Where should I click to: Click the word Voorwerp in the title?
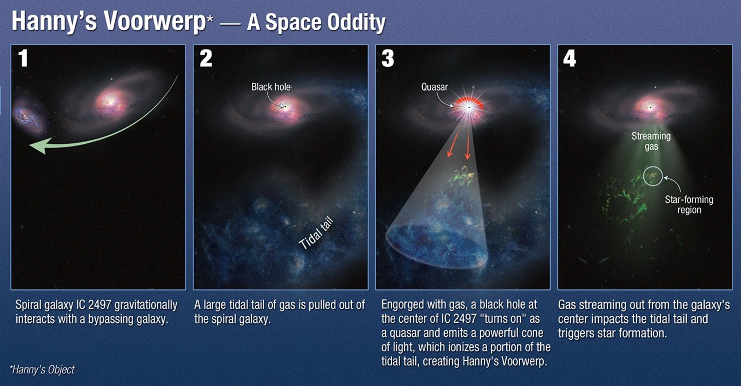click(x=155, y=22)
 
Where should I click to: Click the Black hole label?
click(x=271, y=87)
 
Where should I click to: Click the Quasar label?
click(x=434, y=87)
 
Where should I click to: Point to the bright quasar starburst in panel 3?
click(x=469, y=107)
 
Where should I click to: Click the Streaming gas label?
click(x=651, y=141)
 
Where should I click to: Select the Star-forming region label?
click(x=689, y=205)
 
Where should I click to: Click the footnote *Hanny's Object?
click(x=42, y=370)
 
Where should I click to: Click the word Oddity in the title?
click(x=356, y=22)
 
